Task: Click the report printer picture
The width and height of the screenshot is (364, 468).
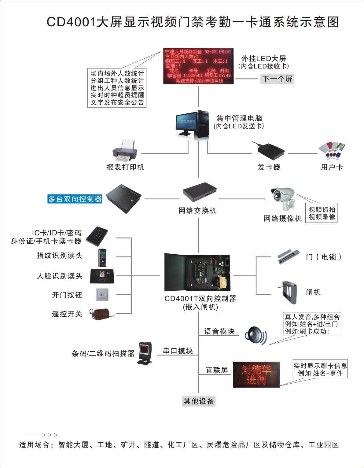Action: tap(125, 151)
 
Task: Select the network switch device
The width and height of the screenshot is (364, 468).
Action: tap(200, 192)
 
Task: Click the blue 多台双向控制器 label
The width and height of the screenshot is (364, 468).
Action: tap(75, 199)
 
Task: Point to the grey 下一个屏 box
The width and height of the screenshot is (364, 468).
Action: tap(278, 79)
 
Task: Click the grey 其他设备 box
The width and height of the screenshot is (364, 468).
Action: tap(199, 401)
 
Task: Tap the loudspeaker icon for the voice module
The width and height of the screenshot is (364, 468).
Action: tap(256, 335)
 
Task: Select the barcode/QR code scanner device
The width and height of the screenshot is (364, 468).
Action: tap(145, 353)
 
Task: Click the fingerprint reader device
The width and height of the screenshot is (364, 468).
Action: tap(102, 257)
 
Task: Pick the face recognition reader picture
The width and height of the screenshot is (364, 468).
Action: tap(102, 276)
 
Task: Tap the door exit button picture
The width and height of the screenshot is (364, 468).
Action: tap(102, 295)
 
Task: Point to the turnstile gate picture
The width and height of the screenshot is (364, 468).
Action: tap(289, 292)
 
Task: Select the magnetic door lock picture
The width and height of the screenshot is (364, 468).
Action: tap(289, 256)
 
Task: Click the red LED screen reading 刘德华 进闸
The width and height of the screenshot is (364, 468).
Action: tap(256, 374)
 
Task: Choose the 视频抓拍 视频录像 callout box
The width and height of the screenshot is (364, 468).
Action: tap(322, 213)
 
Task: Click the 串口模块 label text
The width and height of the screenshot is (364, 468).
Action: tap(178, 351)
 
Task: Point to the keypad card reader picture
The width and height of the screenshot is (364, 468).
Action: tap(97, 236)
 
